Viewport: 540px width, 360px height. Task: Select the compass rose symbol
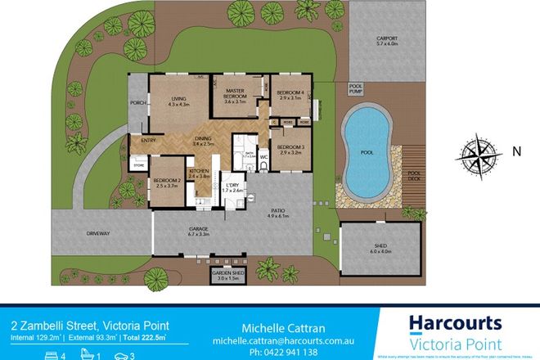(479, 152)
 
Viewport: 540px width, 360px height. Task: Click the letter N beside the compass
(516, 152)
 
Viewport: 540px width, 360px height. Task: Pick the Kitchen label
(199, 173)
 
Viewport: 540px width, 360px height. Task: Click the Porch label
(137, 103)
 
